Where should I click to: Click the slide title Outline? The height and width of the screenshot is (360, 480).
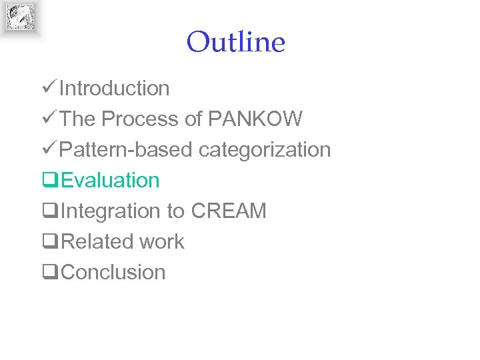coord(235,42)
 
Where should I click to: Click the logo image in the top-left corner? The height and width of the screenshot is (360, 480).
coord(20,17)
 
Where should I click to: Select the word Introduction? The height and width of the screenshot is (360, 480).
coord(114,88)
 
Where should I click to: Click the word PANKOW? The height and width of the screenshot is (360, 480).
coord(255,119)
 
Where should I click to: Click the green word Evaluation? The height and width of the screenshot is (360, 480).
coord(110,180)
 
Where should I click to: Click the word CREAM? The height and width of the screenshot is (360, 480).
coord(229,211)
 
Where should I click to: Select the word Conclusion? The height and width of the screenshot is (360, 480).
coord(113,272)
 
